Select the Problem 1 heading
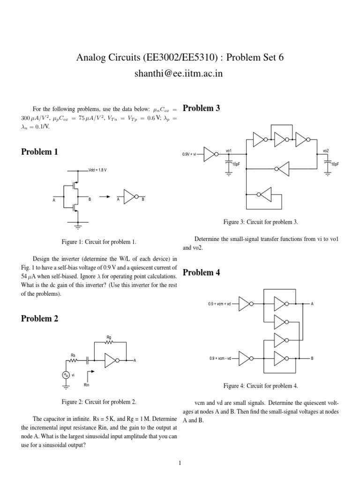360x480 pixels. (x=39, y=152)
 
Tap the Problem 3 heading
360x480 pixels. (x=201, y=108)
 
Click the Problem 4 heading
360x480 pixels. (x=201, y=272)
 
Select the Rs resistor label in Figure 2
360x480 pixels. (x=73, y=355)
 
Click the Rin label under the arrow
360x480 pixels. (x=86, y=385)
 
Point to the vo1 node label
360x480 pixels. (x=229, y=151)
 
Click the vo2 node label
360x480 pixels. (x=326, y=151)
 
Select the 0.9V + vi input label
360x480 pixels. (x=192, y=154)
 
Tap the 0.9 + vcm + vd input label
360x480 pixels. (x=222, y=304)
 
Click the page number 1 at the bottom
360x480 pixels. (x=180, y=464)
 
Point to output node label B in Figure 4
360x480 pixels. (x=312, y=359)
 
